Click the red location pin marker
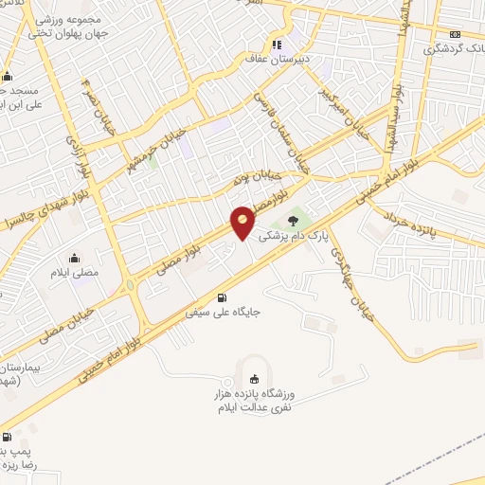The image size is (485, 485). pyautogui.click(x=243, y=222)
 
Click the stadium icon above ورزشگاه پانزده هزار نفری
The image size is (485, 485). pyautogui.click(x=253, y=378)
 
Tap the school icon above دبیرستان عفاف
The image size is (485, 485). pyautogui.click(x=278, y=43)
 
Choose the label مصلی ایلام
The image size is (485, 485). pyautogui.click(x=75, y=272)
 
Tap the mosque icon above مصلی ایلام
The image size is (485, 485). pyautogui.click(x=74, y=257)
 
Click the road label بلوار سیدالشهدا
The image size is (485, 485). pyautogui.click(x=392, y=114)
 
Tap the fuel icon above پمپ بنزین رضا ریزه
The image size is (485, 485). pyautogui.click(x=8, y=438)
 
